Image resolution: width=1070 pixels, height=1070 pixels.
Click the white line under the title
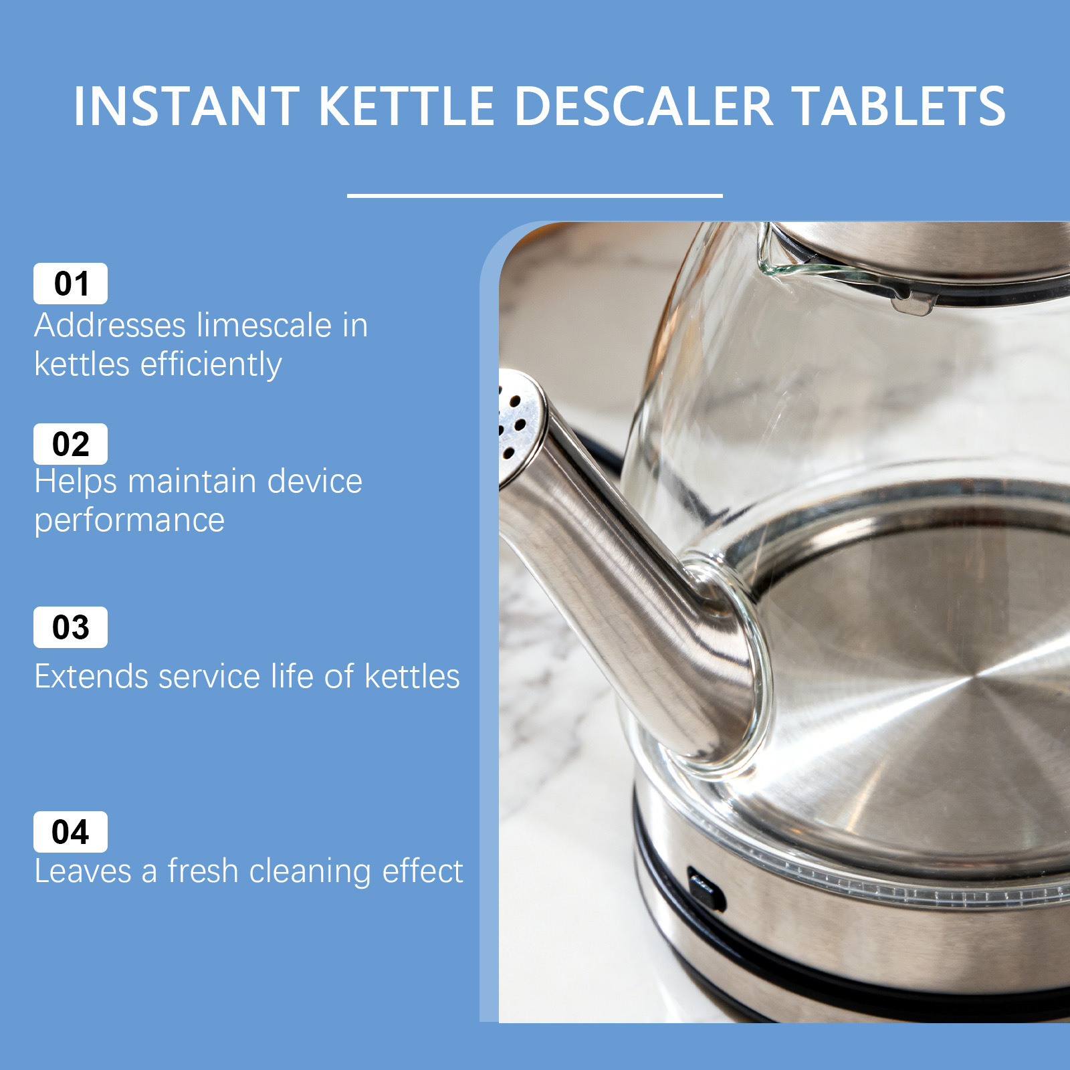(x=535, y=195)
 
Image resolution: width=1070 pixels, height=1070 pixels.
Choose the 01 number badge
(x=70, y=284)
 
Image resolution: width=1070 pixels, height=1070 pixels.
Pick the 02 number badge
(x=70, y=444)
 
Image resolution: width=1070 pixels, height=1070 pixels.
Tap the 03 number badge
(x=70, y=627)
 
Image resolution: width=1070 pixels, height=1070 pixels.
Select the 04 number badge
(x=70, y=832)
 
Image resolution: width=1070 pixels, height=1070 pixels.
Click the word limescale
(x=264, y=325)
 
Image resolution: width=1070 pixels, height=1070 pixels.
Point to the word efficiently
(x=211, y=365)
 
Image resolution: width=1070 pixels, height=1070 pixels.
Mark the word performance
(x=130, y=522)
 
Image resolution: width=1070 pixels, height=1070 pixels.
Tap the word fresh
(x=203, y=871)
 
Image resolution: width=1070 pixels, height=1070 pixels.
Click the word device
(x=314, y=481)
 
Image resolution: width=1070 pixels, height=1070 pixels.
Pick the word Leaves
(x=82, y=871)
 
